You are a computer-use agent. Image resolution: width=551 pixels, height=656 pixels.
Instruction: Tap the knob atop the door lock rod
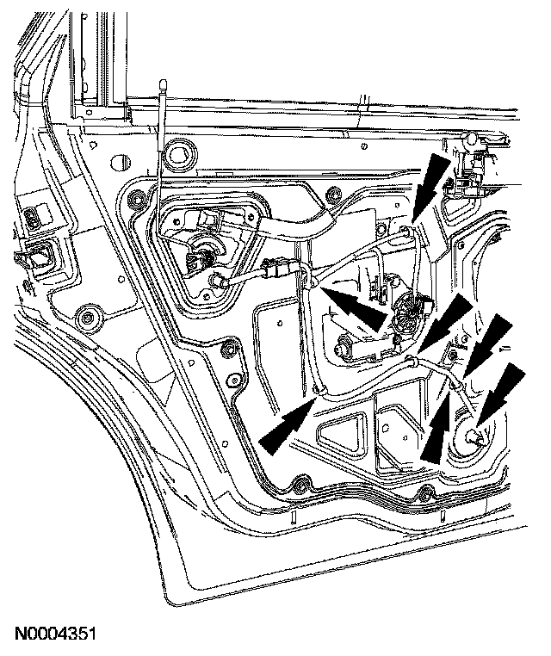(x=162, y=83)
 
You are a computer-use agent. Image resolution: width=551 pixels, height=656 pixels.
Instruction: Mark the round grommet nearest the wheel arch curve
(x=85, y=315)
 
